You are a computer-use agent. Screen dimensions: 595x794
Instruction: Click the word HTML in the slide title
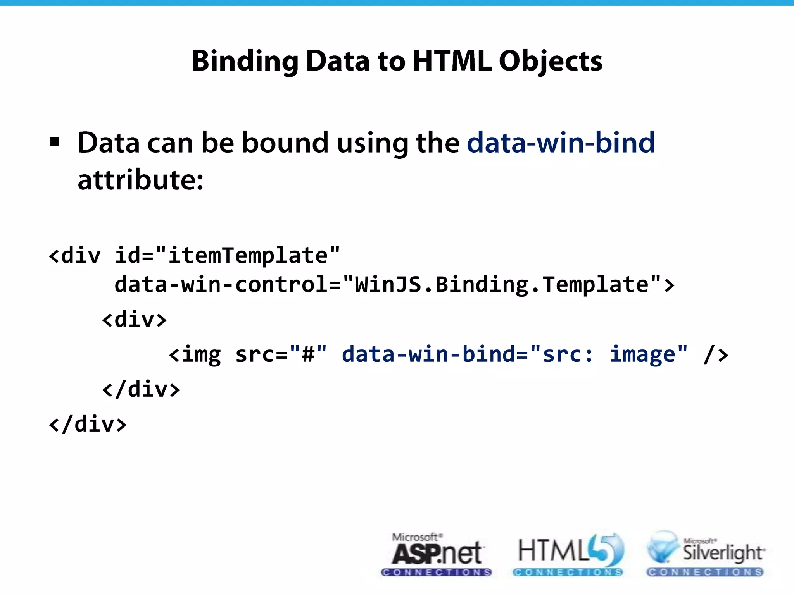point(452,61)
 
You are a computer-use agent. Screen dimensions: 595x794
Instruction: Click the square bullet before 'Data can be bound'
point(55,142)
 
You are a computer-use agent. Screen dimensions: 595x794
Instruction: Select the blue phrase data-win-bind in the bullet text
point(561,143)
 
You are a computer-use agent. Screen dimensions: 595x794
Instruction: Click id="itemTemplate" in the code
point(227,255)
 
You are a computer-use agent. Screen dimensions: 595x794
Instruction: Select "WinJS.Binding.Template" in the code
point(502,285)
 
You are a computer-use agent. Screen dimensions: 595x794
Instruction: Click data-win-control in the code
point(221,285)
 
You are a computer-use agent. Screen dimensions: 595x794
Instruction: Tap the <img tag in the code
point(195,354)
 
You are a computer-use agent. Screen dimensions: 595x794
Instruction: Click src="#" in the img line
point(281,354)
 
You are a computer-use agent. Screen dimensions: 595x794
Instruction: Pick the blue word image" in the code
point(648,354)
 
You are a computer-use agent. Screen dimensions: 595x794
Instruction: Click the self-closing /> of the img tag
point(716,354)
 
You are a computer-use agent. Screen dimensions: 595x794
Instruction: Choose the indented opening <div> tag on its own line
point(134,320)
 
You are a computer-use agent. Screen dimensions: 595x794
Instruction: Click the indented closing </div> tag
point(141,389)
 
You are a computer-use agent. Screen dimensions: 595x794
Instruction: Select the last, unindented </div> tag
point(88,424)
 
